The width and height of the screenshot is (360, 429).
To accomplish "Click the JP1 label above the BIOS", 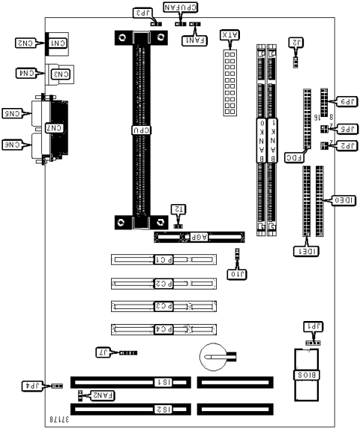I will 312,326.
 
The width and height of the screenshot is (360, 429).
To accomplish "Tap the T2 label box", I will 178,208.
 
